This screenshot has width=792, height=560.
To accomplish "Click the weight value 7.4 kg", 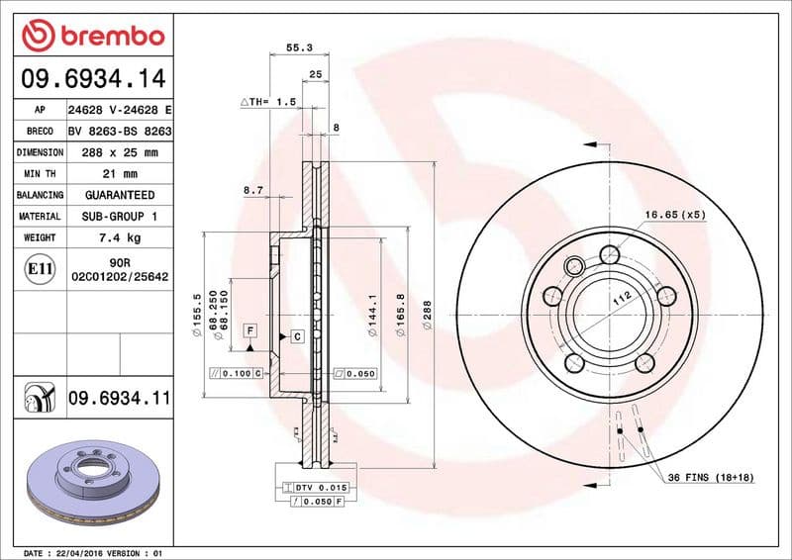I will tap(120, 238).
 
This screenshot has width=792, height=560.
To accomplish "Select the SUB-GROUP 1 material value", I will tap(120, 217).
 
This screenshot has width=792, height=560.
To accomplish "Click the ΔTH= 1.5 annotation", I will tap(268, 102).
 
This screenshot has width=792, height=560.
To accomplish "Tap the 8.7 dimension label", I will tap(252, 189).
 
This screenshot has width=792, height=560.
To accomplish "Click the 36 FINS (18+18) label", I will tap(710, 478).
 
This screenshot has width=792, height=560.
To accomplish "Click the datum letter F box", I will tap(250, 329).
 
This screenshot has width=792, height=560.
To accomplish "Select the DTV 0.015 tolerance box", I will tap(316, 488).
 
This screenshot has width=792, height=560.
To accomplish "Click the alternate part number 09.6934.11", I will tap(119, 398).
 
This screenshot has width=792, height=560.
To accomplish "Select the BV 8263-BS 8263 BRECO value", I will tap(120, 132).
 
